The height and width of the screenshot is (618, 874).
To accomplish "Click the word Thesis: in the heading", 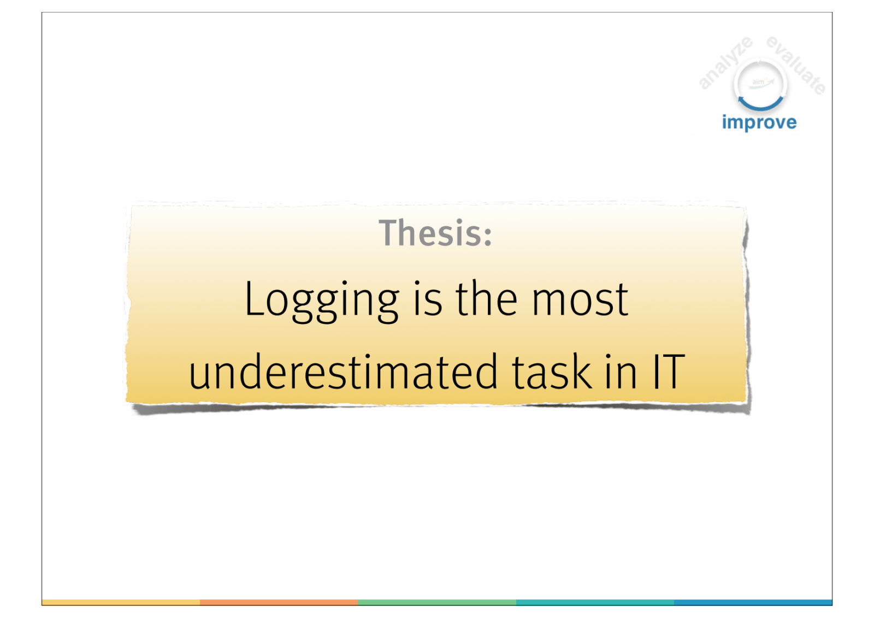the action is tap(435, 233).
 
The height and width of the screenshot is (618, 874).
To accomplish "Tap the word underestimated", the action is tap(344, 371).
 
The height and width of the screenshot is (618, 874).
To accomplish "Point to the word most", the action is tap(580, 300).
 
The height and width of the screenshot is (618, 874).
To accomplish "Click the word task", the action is tap(552, 371).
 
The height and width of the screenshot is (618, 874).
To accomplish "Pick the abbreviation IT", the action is tap(669, 371).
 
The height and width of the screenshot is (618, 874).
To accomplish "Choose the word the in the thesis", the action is tap(487, 298).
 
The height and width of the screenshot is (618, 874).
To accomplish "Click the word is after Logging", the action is tap(428, 298).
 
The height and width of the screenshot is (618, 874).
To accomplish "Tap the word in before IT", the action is tap(622, 371).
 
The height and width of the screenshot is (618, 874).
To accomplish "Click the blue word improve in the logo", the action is tap(759, 122).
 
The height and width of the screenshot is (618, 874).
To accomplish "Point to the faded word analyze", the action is tap(725, 62).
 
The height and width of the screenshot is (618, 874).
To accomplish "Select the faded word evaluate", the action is tap(796, 65).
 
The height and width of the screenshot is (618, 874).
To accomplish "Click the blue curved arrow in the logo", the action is tap(760, 103).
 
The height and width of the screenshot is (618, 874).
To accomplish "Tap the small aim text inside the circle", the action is tap(758, 82).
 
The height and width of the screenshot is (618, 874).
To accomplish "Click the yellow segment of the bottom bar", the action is tap(121, 602).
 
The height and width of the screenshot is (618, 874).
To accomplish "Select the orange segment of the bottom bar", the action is tap(279, 602).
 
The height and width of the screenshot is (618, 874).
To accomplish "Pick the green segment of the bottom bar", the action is tap(437, 602).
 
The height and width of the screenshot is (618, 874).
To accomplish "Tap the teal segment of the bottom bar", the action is tap(595, 602).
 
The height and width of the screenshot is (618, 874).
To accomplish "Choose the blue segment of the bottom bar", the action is tap(753, 602).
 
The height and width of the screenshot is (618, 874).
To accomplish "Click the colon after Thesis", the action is tap(488, 237).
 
